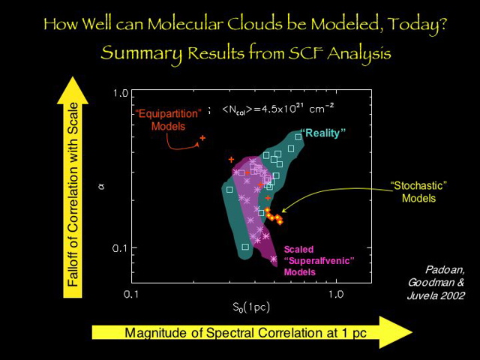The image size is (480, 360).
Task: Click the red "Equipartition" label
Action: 169,113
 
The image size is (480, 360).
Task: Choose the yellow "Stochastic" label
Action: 418,185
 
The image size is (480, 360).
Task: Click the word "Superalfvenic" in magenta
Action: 319,260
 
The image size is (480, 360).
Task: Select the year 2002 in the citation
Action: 449,295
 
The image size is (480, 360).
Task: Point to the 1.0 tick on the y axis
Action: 120,94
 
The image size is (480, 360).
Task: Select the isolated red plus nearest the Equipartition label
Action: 202,139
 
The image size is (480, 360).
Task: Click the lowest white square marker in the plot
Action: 245,246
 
